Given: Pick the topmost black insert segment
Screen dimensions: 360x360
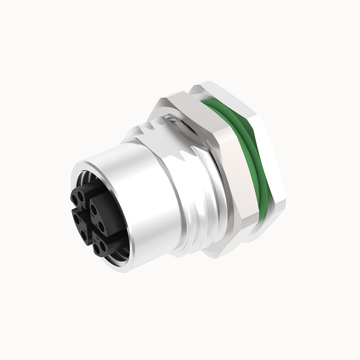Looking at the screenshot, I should pyautogui.click(x=81, y=198).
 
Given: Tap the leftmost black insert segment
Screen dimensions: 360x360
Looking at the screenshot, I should pyautogui.click(x=79, y=224).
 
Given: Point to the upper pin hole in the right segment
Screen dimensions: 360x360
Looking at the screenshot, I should pyautogui.click(x=94, y=209).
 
